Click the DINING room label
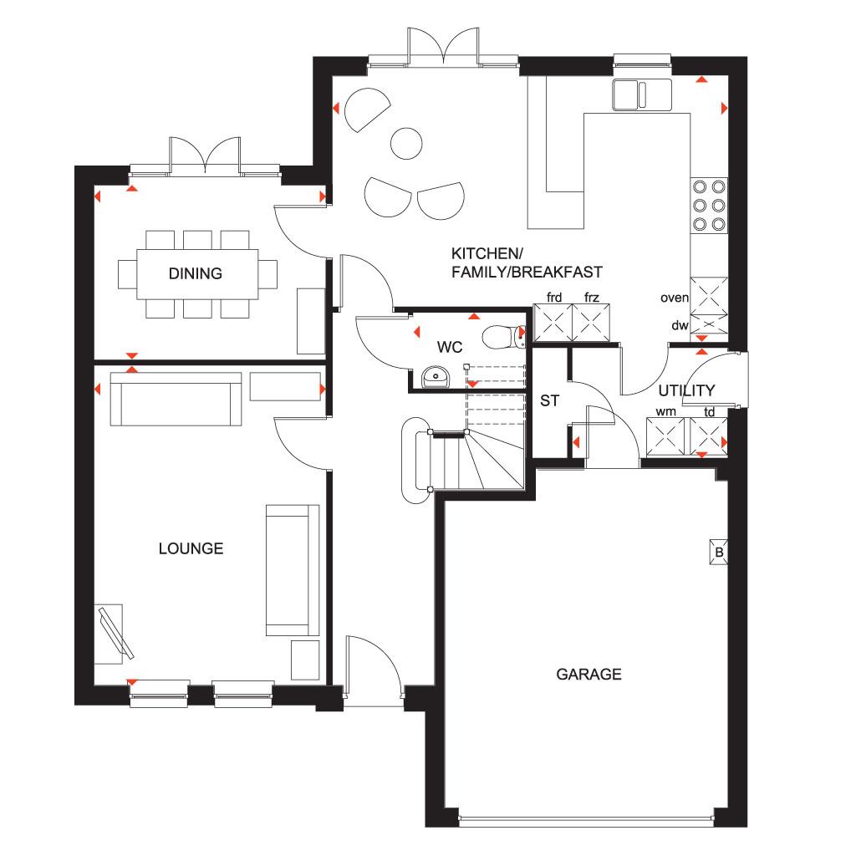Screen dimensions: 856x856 (x=196, y=273)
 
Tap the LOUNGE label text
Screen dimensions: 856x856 (x=191, y=548)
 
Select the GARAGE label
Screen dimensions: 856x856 (x=588, y=675)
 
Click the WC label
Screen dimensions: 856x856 (x=450, y=347)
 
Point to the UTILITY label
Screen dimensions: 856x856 (x=686, y=390)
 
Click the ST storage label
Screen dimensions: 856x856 (x=549, y=400)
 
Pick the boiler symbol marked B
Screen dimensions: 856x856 (x=718, y=552)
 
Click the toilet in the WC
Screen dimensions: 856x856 (x=503, y=336)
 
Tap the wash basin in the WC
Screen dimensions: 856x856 (x=435, y=377)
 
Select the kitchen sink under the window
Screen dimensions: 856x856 (x=642, y=94)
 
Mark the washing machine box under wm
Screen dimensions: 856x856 (x=665, y=436)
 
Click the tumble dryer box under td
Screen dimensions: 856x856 (x=709, y=436)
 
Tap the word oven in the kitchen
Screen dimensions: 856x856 (x=675, y=298)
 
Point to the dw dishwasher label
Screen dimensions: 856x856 (x=680, y=325)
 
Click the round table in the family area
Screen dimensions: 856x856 (x=407, y=144)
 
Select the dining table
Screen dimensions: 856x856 (x=197, y=274)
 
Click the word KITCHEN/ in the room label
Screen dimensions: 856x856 (x=487, y=253)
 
